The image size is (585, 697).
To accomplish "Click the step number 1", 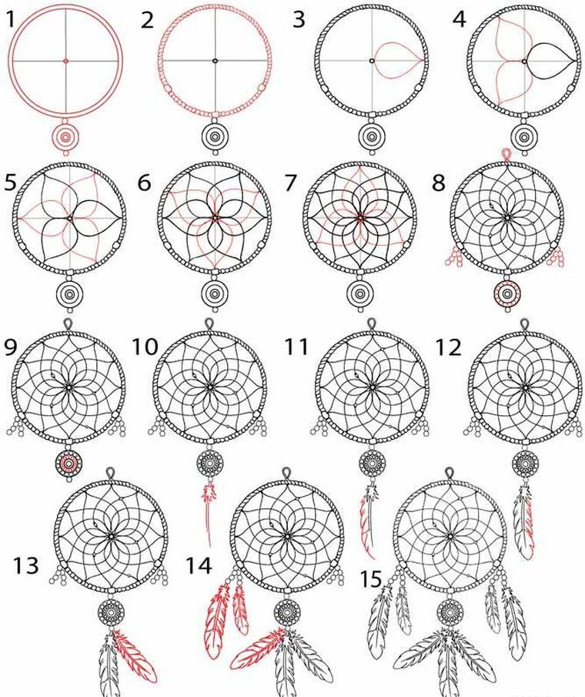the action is [x=10, y=19].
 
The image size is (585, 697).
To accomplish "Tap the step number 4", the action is [x=460, y=19].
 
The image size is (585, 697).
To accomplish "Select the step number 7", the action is [x=291, y=183].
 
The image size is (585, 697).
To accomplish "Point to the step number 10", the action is [x=145, y=347].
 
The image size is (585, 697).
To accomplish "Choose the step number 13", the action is [x=25, y=566].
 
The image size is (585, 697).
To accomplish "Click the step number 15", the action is [x=371, y=579].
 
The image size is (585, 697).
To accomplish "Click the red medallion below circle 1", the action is [x=65, y=137].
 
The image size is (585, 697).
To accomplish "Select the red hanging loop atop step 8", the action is [x=506, y=155].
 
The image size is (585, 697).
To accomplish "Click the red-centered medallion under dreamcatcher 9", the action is [x=69, y=464].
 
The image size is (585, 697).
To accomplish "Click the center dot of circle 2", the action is [x=215, y=60].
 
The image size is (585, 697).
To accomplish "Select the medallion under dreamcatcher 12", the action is [x=525, y=463].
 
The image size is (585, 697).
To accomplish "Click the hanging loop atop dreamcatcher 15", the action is [x=449, y=473].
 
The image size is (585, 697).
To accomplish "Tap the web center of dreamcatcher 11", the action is [x=373, y=387].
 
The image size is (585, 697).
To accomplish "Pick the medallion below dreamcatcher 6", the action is [x=215, y=294].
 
